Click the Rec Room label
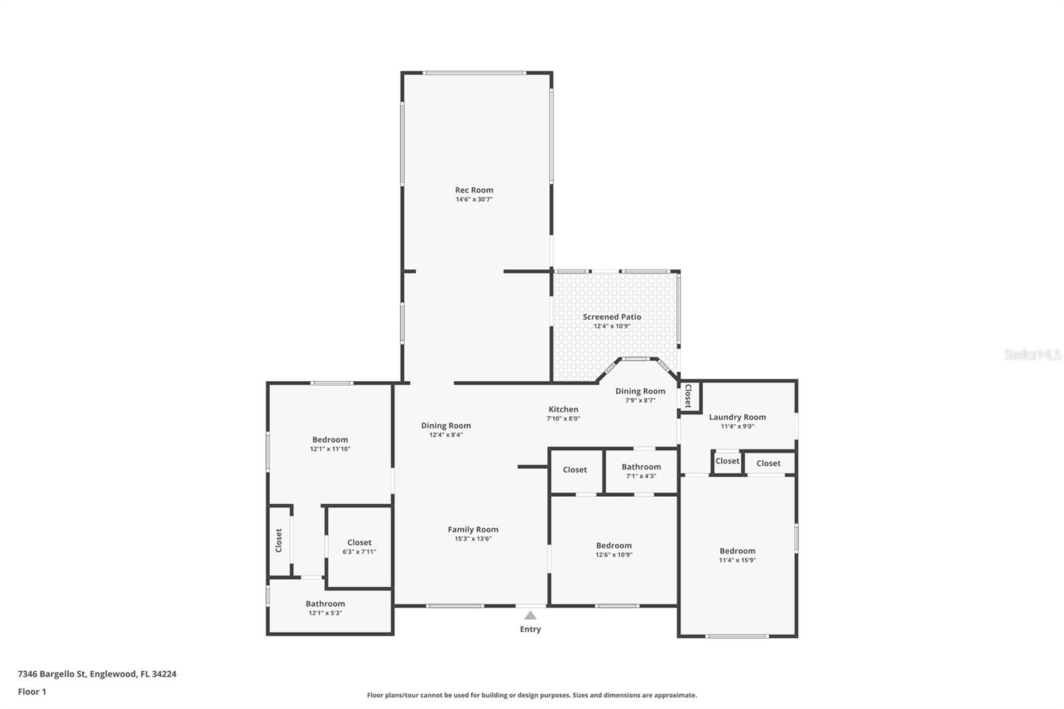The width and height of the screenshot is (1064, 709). (x=473, y=190)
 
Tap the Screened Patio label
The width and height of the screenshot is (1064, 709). (x=612, y=317)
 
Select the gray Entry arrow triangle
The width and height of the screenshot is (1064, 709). (x=530, y=615)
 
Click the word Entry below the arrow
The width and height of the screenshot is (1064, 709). (x=530, y=629)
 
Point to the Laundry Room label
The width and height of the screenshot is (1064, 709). (x=737, y=417)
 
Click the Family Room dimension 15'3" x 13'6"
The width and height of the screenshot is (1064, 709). (x=473, y=539)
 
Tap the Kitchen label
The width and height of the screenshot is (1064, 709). (x=563, y=410)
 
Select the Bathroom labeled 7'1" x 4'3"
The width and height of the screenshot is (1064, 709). (x=641, y=467)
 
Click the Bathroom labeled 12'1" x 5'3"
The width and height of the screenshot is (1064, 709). (x=325, y=604)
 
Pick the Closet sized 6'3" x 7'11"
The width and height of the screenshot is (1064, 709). (x=359, y=543)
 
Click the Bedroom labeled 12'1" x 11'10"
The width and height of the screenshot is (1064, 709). (x=330, y=440)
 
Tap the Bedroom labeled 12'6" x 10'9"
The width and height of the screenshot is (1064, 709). (x=613, y=545)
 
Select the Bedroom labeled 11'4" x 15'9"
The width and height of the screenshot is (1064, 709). (x=737, y=551)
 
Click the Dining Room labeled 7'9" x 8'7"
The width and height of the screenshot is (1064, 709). (x=640, y=391)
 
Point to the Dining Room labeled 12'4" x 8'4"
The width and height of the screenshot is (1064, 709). (x=446, y=426)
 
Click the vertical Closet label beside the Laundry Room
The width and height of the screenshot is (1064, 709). (x=688, y=396)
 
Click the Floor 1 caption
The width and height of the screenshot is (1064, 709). (x=32, y=692)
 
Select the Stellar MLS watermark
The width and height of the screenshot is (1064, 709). (x=1032, y=355)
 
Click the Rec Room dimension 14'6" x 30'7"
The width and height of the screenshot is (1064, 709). (x=473, y=200)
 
